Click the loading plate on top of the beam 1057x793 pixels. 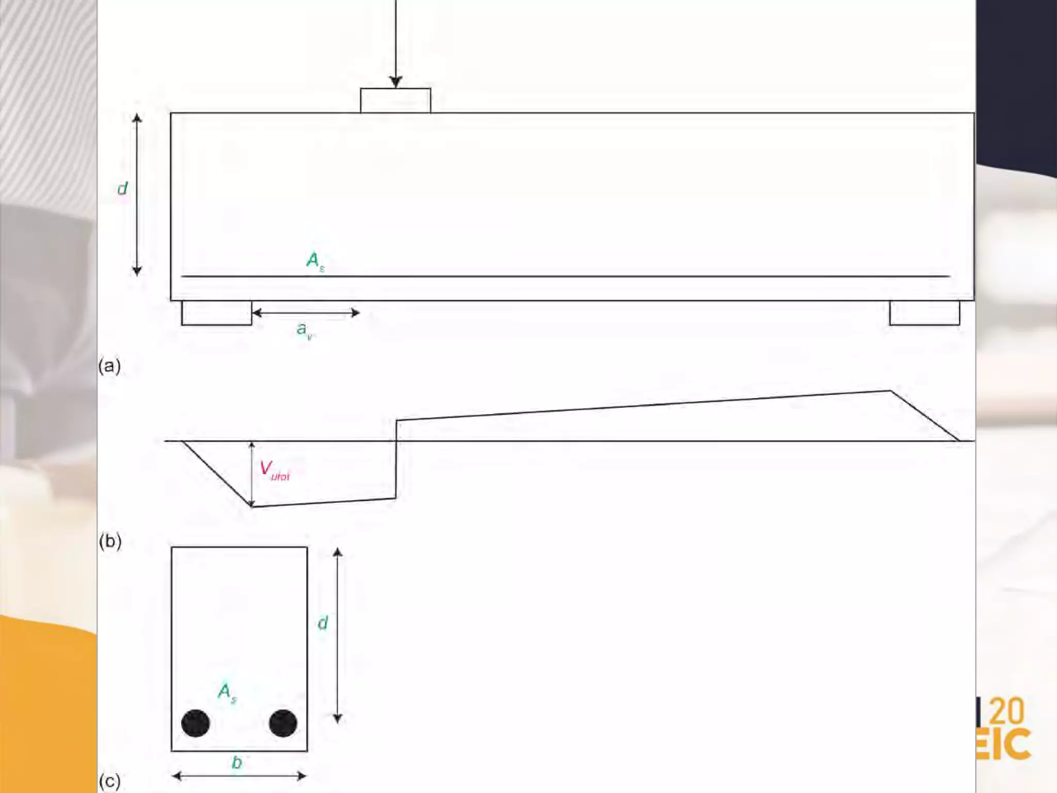click(395, 100)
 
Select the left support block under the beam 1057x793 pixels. click(216, 313)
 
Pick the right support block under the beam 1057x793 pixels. click(924, 313)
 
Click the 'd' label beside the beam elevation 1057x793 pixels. click(122, 188)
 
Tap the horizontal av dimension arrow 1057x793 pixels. click(306, 312)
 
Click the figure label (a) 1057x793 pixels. click(109, 366)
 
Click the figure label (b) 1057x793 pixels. click(110, 541)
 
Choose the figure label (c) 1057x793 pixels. click(109, 781)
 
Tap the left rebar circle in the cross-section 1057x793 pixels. click(196, 723)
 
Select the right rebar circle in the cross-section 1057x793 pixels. click(283, 723)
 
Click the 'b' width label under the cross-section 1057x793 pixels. click(237, 763)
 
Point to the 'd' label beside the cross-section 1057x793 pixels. click(323, 623)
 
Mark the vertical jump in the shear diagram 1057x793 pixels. click(396, 459)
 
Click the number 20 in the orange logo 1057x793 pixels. click(1006, 711)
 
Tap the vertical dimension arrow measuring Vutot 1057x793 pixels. click(252, 474)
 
